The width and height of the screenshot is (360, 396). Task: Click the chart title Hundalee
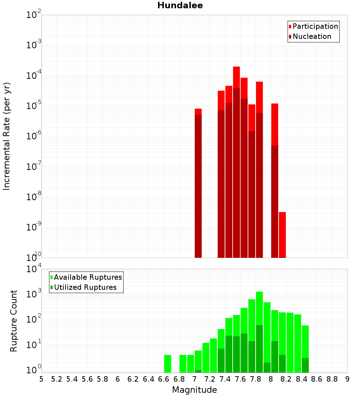(x=180, y=6)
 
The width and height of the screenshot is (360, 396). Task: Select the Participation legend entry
(x=315, y=26)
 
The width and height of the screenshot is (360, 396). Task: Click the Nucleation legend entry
(x=312, y=36)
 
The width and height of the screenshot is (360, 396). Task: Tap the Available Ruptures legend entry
(x=88, y=277)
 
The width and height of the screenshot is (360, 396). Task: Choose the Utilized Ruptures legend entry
(x=85, y=287)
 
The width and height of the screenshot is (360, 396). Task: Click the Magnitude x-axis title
(x=194, y=390)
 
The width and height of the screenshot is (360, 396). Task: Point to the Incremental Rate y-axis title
(x=7, y=136)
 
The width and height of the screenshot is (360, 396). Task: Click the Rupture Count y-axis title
(x=14, y=321)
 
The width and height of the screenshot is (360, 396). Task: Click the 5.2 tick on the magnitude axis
(x=57, y=379)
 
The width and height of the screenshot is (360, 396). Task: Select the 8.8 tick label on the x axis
(x=332, y=379)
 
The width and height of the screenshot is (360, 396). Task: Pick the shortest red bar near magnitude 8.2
(x=282, y=234)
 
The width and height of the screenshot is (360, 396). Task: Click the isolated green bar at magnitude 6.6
(x=167, y=364)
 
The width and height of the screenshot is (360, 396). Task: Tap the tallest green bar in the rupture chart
(x=260, y=331)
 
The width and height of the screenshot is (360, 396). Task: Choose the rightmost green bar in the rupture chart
(x=305, y=349)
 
